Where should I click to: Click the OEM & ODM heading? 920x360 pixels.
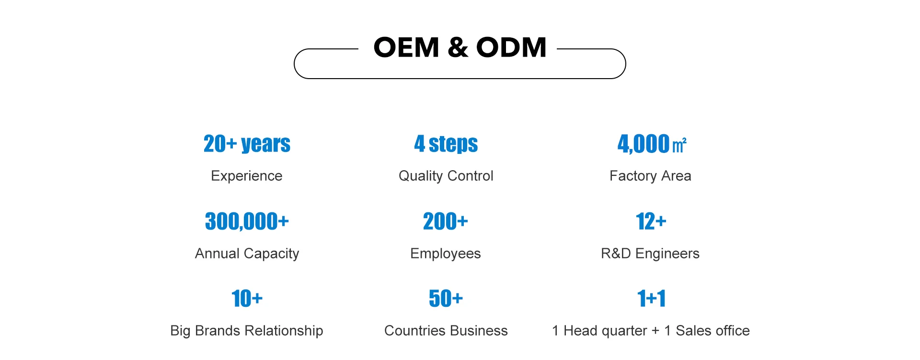point(460,47)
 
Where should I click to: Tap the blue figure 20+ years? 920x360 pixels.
point(247,144)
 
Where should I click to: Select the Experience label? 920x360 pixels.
point(247,176)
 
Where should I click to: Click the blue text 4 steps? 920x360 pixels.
point(446,144)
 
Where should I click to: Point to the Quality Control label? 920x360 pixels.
point(446,176)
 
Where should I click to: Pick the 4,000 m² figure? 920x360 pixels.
point(651,144)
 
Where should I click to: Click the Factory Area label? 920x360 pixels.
point(650,176)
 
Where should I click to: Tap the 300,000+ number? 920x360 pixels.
point(247,221)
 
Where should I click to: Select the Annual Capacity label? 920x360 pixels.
point(247,254)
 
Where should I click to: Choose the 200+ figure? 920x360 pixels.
point(445,221)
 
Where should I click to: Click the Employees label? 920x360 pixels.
point(445,254)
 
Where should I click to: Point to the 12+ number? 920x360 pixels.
point(651,221)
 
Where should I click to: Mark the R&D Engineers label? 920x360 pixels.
point(650,254)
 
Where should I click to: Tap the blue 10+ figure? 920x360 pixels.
point(247,299)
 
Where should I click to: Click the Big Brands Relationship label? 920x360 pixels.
point(247,331)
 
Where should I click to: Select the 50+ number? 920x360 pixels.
point(446,299)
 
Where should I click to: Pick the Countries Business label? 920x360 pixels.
point(446,331)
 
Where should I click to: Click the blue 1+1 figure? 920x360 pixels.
point(651,299)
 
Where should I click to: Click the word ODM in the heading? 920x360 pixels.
point(511,47)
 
